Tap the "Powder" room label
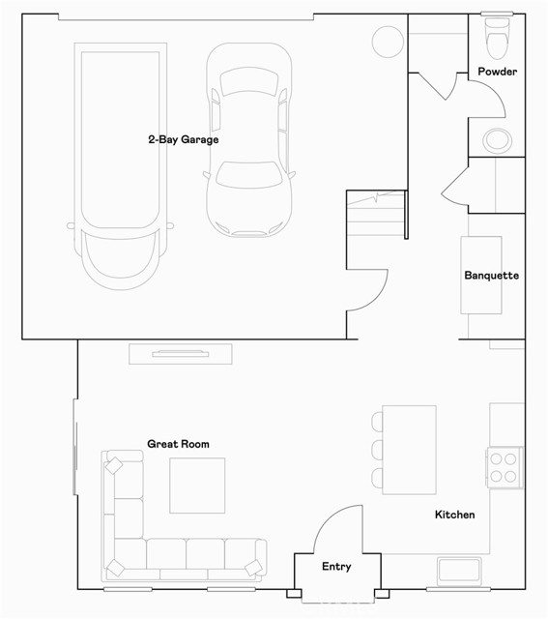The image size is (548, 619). (x=498, y=72)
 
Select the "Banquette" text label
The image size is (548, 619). (x=492, y=276)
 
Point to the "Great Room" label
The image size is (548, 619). (x=178, y=444)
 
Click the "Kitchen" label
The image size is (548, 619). (x=454, y=515)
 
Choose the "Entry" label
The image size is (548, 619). (x=336, y=567)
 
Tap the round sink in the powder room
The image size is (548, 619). (x=497, y=139)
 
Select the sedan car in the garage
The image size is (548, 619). (x=249, y=140)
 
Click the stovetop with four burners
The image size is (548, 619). (x=504, y=466)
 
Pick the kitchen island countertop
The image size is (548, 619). (x=410, y=450)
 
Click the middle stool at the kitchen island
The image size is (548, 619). (x=376, y=450)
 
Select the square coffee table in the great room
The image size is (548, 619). (x=197, y=485)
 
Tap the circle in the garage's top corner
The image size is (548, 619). (x=388, y=41)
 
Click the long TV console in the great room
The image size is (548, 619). (x=181, y=353)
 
